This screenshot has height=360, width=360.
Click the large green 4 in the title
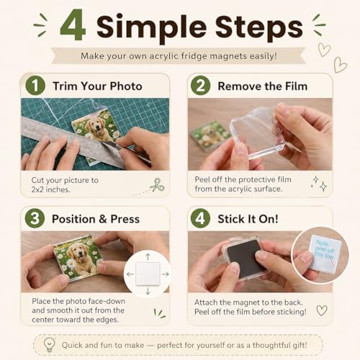(x=73, y=25)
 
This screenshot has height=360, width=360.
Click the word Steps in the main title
(x=258, y=28)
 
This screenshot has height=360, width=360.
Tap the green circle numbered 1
(x=35, y=86)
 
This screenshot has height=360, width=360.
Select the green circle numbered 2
(x=201, y=86)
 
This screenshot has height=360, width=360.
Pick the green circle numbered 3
(x=35, y=218)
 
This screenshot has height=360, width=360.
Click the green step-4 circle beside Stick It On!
(x=201, y=218)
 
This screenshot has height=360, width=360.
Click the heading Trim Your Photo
(x=97, y=86)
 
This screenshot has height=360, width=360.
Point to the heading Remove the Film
(x=263, y=86)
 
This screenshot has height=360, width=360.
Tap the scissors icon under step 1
(x=157, y=185)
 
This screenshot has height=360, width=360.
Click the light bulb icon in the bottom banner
(x=50, y=345)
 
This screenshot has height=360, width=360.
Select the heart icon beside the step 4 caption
(x=322, y=310)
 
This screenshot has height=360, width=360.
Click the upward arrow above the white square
(x=148, y=257)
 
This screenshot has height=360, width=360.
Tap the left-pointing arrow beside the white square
(x=130, y=274)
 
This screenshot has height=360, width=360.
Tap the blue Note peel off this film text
(x=324, y=249)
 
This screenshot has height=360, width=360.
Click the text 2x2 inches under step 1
(x=50, y=189)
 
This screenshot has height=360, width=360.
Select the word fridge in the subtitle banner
(x=194, y=56)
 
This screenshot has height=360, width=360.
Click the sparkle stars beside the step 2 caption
(x=319, y=184)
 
